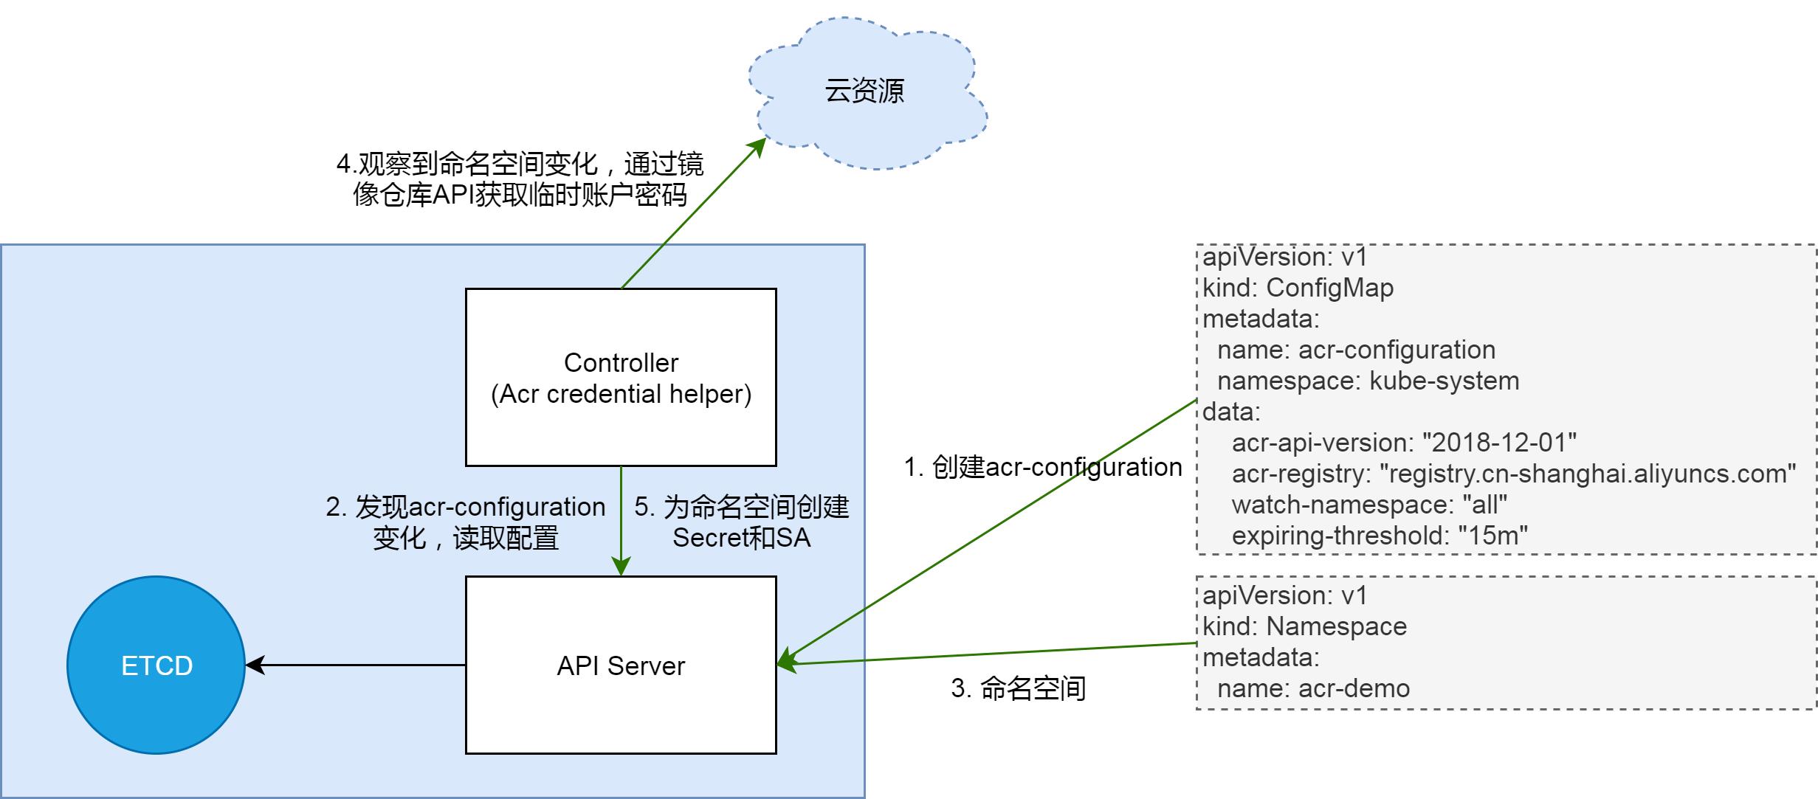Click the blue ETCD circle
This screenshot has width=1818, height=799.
pyautogui.click(x=156, y=665)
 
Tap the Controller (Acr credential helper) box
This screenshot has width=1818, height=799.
pyautogui.click(x=621, y=378)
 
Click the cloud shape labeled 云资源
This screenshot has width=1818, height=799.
pyautogui.click(x=864, y=91)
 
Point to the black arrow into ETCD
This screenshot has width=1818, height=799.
pyautogui.click(x=354, y=665)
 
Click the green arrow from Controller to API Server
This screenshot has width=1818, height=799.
pyautogui.click(x=621, y=520)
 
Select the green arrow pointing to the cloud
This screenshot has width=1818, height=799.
pyautogui.click(x=690, y=214)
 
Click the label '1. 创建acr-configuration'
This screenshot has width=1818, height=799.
pyautogui.click(x=1043, y=467)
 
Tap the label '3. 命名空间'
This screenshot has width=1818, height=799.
pyautogui.click(x=1018, y=688)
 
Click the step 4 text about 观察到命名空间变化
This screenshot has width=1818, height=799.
pyautogui.click(x=520, y=179)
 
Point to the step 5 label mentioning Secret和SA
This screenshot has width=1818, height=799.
pyautogui.click(x=741, y=522)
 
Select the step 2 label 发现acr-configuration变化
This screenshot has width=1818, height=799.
pyautogui.click(x=466, y=522)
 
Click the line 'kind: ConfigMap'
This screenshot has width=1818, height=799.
pyautogui.click(x=1298, y=288)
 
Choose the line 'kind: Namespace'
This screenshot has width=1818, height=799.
pyautogui.click(x=1304, y=626)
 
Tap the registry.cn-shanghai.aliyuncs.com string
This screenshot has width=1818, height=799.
pyautogui.click(x=1587, y=474)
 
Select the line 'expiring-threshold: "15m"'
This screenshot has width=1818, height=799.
pyautogui.click(x=1379, y=536)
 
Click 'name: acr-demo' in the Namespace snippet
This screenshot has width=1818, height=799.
pyautogui.click(x=1313, y=688)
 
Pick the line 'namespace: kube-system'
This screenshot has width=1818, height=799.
pyautogui.click(x=1368, y=381)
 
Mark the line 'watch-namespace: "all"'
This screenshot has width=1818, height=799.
pyautogui.click(x=1368, y=505)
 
